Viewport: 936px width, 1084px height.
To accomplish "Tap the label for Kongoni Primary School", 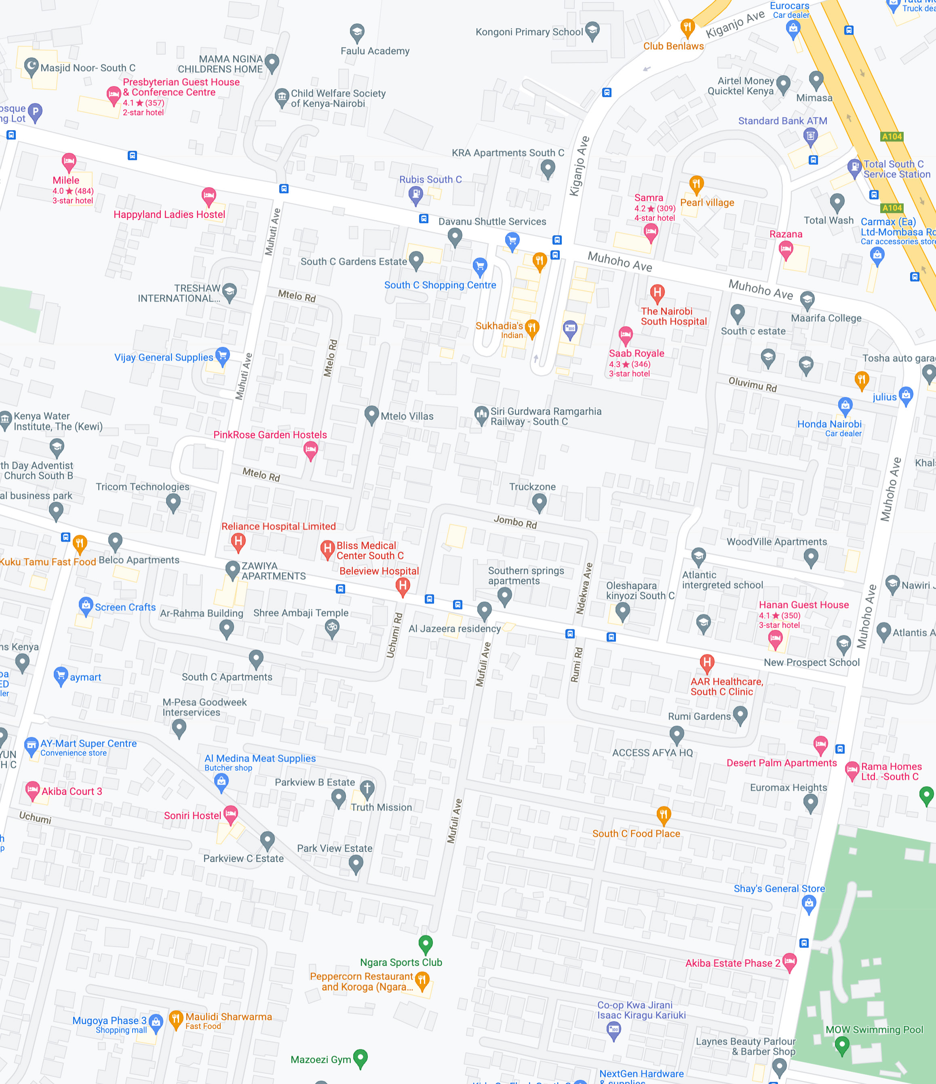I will point(529,32).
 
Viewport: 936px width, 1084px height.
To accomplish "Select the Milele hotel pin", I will point(69,162).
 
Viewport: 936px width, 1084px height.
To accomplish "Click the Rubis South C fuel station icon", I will point(415,194).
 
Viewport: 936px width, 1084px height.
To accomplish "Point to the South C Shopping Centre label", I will point(440,285).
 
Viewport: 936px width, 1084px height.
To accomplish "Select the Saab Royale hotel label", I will point(636,353).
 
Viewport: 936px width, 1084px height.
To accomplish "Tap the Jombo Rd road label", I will point(515,522).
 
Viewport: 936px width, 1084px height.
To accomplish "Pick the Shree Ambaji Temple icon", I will point(332,627).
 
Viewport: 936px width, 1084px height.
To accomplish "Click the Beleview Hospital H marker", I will point(403,586).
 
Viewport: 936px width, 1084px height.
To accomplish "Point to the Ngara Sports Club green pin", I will point(426,943).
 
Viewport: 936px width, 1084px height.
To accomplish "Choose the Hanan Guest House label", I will point(803,605).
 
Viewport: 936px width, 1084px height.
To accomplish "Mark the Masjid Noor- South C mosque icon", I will point(32,66).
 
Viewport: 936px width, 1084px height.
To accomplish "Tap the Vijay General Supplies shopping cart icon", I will point(222,356).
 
